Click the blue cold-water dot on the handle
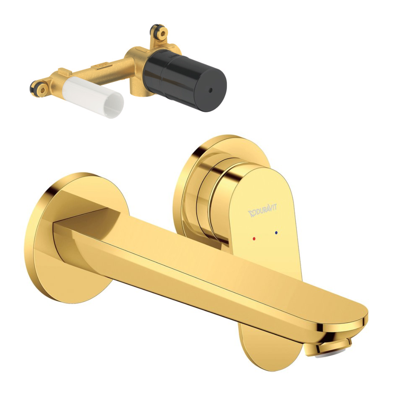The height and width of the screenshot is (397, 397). point(276,232)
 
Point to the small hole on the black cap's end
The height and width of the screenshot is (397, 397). point(210,90)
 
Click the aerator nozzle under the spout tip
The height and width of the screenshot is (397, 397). point(329,347)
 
